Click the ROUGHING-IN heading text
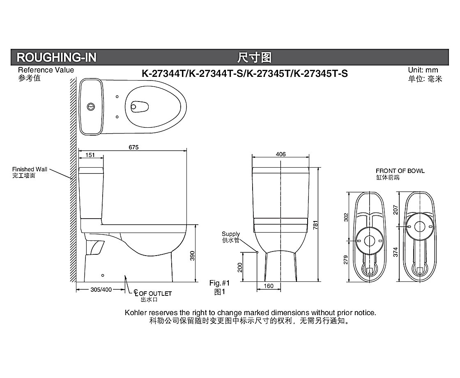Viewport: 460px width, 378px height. pyautogui.click(x=56, y=57)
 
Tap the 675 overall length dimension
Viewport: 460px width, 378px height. pyautogui.click(x=133, y=148)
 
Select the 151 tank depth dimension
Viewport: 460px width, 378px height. pyautogui.click(x=90, y=155)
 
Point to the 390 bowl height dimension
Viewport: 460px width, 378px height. pyautogui.click(x=193, y=256)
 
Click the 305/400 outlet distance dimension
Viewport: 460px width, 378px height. pyautogui.click(x=101, y=290)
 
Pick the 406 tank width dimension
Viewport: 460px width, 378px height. pyautogui.click(x=281, y=154)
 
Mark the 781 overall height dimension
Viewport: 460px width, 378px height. pyautogui.click(x=316, y=225)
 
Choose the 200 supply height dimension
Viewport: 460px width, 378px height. pyautogui.click(x=240, y=267)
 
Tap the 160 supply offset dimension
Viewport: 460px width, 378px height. pyautogui.click(x=269, y=286)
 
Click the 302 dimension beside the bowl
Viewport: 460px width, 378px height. pyautogui.click(x=346, y=217)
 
